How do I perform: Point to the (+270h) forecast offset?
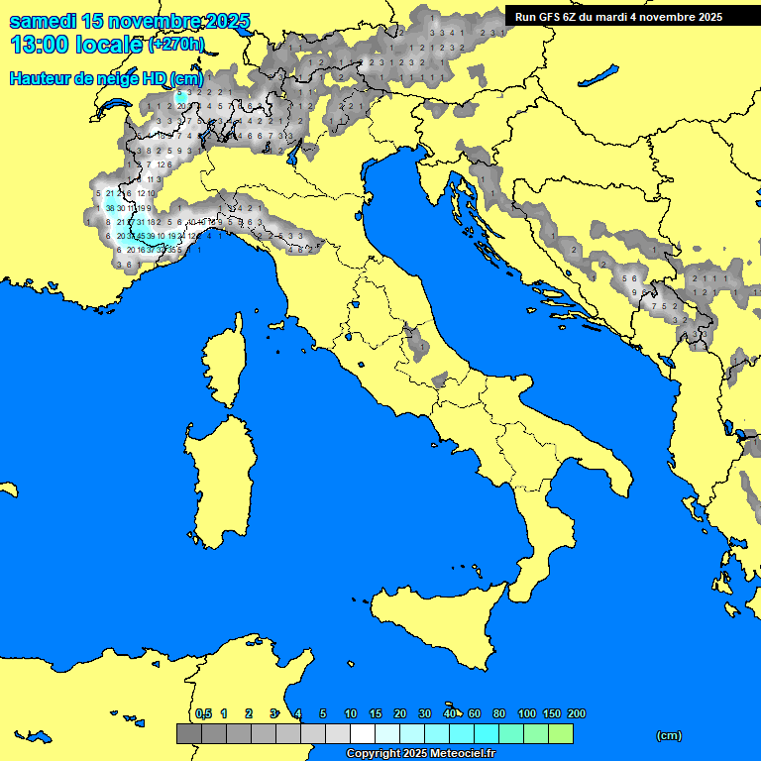[176, 45]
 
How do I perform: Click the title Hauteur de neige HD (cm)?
[106, 79]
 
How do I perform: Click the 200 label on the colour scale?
[577, 713]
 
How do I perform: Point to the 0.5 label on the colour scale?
[203, 713]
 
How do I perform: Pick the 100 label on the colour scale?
[526, 713]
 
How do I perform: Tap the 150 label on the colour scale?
[552, 713]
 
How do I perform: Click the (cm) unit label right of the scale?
[669, 735]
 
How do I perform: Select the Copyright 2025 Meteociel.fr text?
[420, 754]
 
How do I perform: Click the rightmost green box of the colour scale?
[561, 733]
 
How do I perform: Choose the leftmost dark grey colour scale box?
[188, 733]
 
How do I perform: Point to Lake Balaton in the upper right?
[599, 75]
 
